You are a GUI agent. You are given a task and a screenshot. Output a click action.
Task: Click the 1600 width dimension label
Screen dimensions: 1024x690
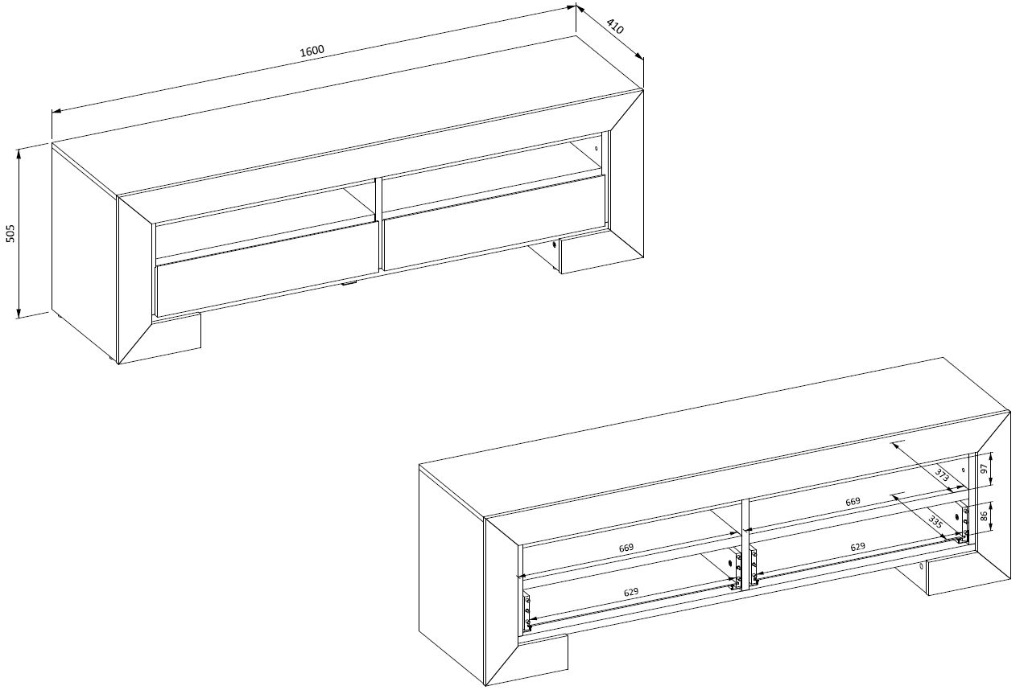(312, 51)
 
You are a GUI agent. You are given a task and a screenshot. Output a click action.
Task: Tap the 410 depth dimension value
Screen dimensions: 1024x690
(615, 27)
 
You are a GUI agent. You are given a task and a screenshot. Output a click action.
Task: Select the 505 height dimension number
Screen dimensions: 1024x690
(11, 233)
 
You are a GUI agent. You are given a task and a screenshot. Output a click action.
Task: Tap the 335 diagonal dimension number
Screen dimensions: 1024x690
(935, 523)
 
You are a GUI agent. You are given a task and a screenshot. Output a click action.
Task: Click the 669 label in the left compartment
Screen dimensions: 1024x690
(626, 548)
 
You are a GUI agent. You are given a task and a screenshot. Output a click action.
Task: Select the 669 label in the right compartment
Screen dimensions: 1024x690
(853, 501)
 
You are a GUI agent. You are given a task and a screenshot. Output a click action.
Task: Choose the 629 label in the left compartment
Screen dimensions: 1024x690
(631, 592)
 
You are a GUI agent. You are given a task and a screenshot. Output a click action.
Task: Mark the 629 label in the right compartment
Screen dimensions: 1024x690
(857, 547)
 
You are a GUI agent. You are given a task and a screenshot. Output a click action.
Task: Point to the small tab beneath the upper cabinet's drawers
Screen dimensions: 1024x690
(349, 284)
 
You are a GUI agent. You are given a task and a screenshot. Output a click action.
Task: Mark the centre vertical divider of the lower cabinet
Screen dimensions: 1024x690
(745, 544)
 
